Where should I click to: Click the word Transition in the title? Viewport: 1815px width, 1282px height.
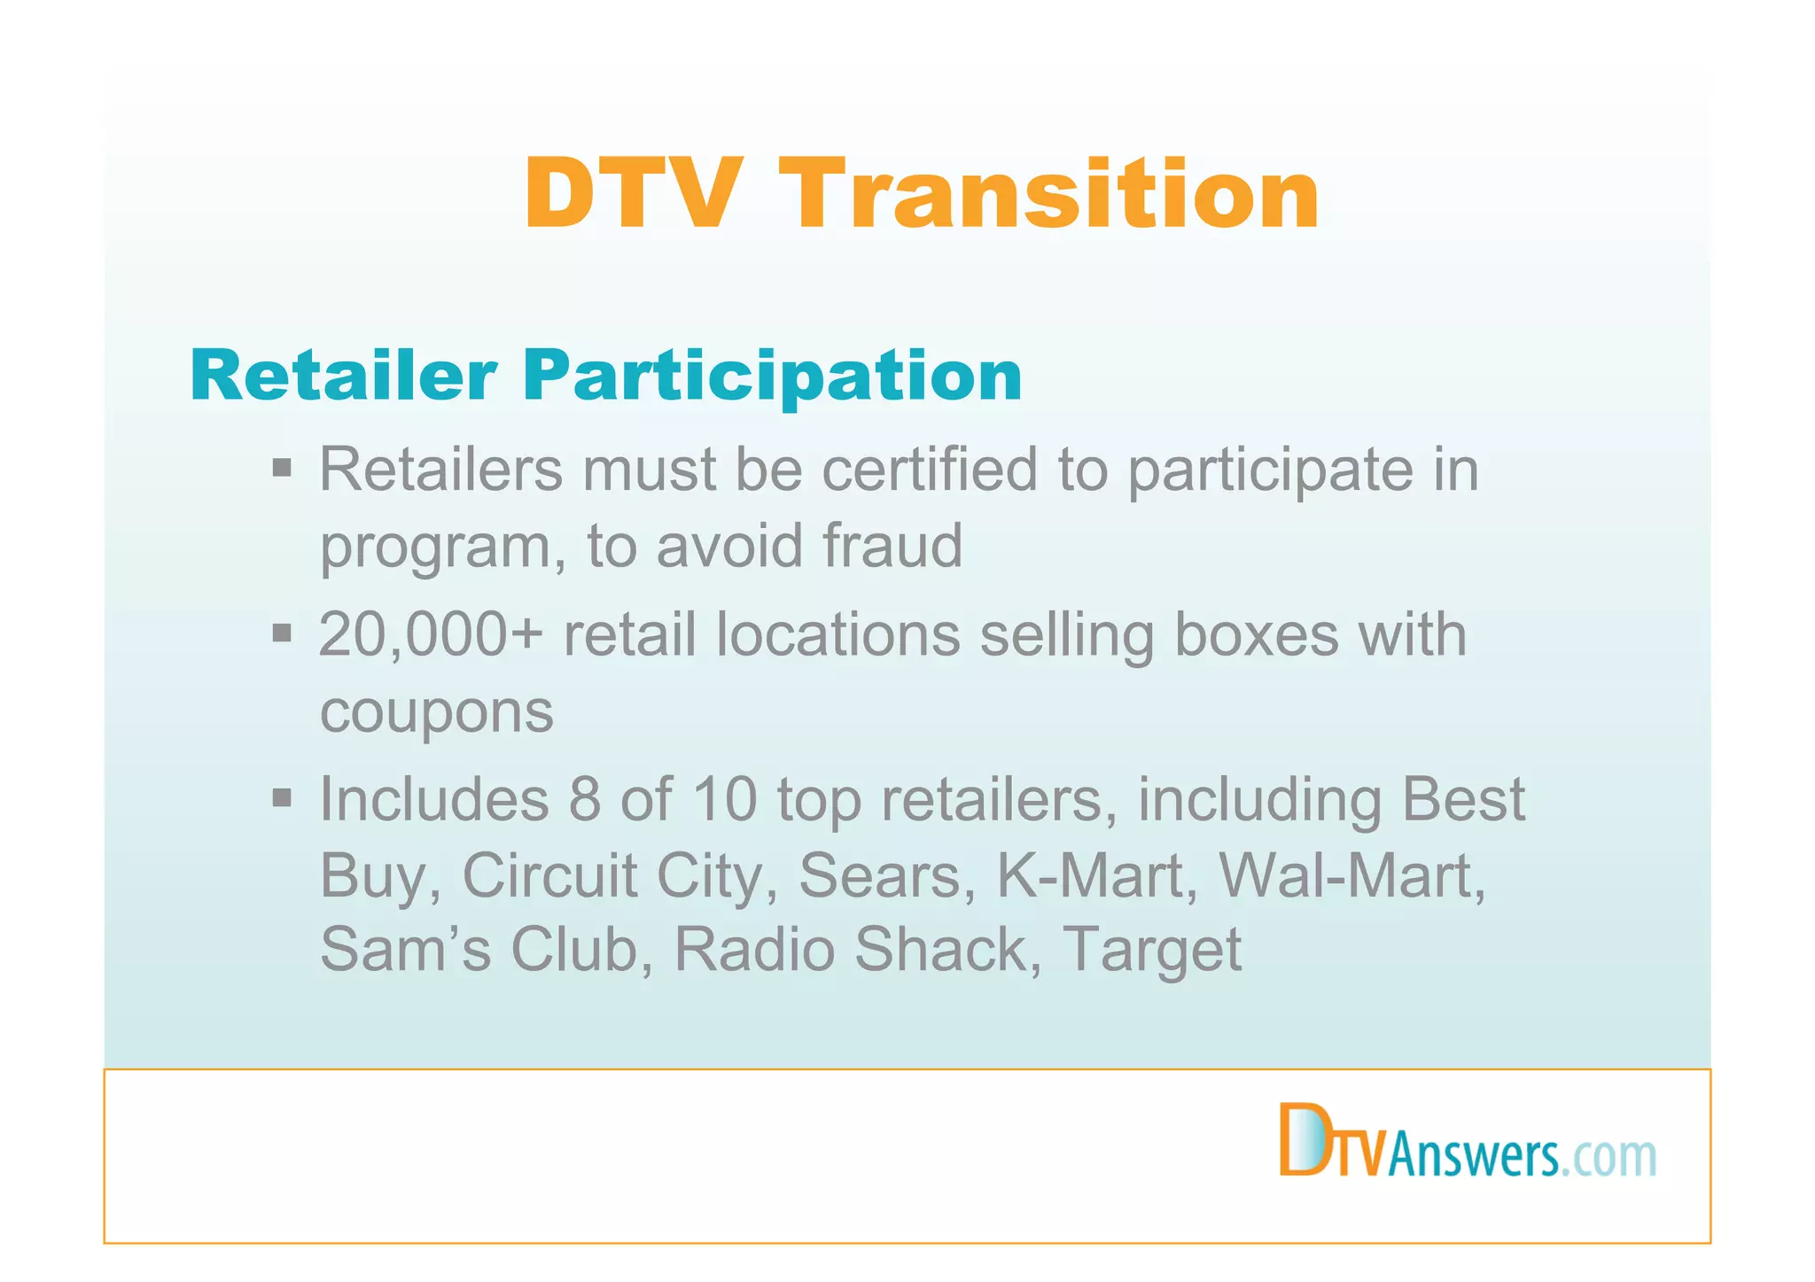1054,194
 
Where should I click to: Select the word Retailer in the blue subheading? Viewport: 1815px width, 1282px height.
342,376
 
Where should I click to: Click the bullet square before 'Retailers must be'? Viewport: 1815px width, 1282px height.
282,467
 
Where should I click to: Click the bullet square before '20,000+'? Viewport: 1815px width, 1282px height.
282,633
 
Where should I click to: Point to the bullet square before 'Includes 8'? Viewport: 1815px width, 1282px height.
282,797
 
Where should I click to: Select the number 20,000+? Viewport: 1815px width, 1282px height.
430,635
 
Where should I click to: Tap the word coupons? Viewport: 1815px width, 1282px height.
436,713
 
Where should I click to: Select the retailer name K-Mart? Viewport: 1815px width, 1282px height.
1097,875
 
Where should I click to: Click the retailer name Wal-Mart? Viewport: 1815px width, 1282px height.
1351,875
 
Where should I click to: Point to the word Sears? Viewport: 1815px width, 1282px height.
879,875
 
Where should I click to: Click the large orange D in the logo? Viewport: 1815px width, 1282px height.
1303,1140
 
